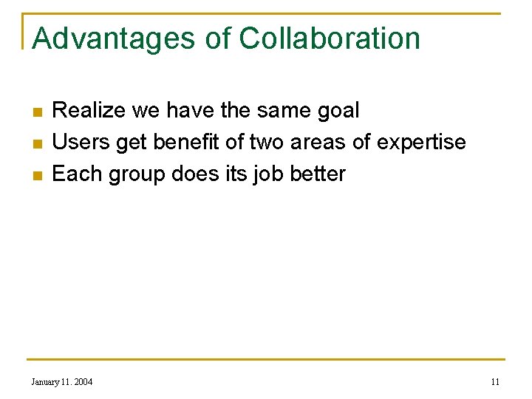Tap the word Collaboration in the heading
330,38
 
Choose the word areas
318,143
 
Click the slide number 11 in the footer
495,381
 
